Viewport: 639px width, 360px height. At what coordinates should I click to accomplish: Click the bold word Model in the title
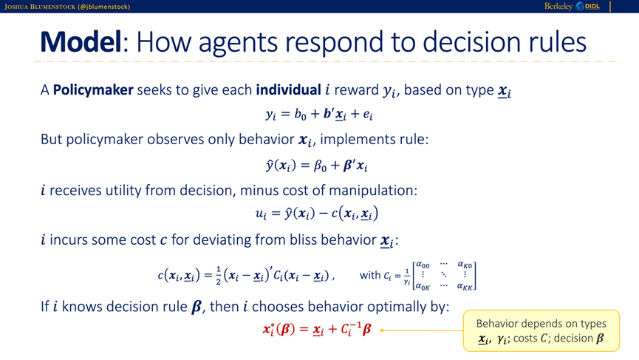point(81,42)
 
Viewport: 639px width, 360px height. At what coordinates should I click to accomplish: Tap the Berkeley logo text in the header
point(558,6)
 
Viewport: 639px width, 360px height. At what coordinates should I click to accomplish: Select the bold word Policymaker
point(93,89)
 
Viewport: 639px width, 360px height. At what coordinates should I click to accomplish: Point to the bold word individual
point(289,89)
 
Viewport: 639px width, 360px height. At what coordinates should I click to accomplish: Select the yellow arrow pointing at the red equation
point(421,330)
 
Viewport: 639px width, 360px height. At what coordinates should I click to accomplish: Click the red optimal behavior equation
point(317,329)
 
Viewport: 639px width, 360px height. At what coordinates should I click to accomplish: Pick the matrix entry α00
point(423,265)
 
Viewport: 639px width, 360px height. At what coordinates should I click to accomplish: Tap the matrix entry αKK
point(465,286)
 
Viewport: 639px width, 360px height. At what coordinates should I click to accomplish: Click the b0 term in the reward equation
point(301,114)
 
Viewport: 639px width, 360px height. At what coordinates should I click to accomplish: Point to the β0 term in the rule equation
point(321,166)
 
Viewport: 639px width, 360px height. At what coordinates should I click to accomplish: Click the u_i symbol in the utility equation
point(261,214)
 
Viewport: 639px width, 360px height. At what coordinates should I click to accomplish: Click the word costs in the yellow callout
point(526,339)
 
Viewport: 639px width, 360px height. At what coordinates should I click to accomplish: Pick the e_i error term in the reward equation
point(368,115)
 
